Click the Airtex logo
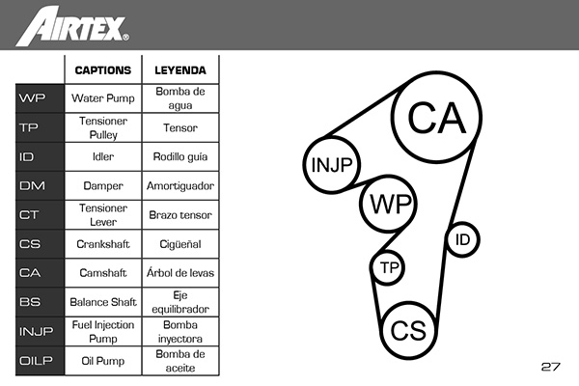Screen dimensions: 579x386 coord(72,26)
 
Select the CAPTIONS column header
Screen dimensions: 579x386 coord(103,70)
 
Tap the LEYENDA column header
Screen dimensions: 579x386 coord(180,70)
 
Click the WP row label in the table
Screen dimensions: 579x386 coord(32,98)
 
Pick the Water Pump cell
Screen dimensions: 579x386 coord(103,98)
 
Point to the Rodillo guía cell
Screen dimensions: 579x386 coord(180,156)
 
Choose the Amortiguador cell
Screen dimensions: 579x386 coord(180,186)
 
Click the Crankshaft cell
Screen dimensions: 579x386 coord(103,244)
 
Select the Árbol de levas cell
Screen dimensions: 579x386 coord(180,272)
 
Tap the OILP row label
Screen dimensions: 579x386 coord(36,360)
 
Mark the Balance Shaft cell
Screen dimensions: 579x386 coord(103,302)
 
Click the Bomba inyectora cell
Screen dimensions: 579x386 coord(180,331)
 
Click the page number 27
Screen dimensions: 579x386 coord(551,367)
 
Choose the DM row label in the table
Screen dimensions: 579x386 coord(32,185)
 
